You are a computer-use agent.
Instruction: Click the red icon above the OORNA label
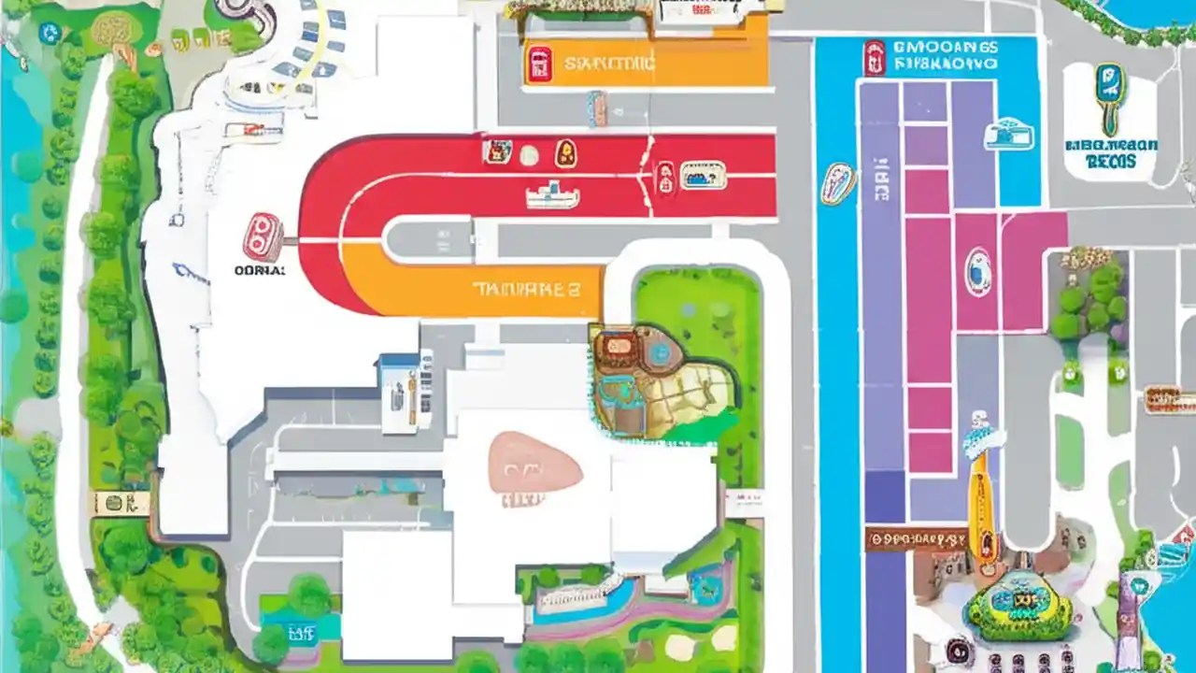click(x=263, y=236)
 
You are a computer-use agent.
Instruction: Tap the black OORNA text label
click(x=259, y=270)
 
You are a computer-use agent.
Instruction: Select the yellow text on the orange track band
click(x=525, y=289)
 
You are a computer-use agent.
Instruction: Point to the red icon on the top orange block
click(x=540, y=64)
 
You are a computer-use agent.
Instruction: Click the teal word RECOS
click(x=1111, y=162)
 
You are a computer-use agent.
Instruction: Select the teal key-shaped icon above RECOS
click(x=1109, y=96)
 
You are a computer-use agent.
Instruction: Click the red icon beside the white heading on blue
click(x=874, y=57)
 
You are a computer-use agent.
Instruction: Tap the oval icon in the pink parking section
click(x=978, y=271)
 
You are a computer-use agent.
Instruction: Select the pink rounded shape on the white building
click(x=534, y=462)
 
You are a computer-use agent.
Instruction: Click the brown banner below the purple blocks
click(x=916, y=539)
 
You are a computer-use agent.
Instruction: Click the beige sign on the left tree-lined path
click(x=121, y=503)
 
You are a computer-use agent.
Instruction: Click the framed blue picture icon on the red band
click(x=703, y=175)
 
